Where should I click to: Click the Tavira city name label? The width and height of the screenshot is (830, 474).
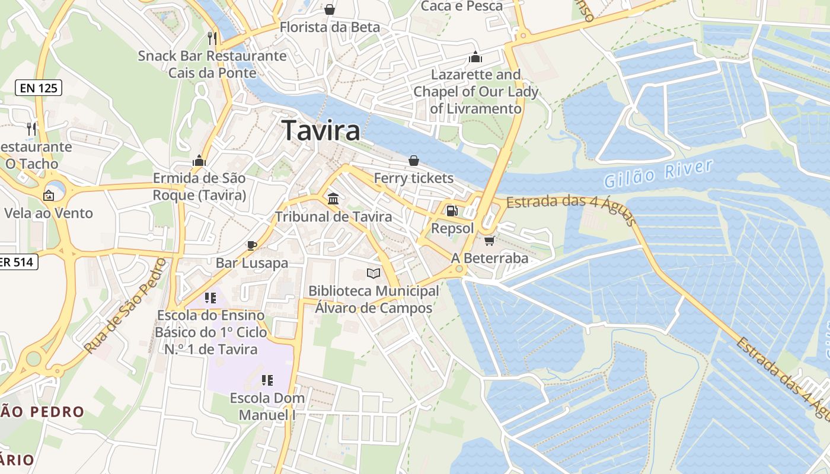point(321,130)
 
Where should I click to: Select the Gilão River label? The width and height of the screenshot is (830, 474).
point(659,173)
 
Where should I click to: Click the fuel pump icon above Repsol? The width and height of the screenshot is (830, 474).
point(452,210)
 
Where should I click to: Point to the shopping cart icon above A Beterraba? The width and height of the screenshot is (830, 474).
point(489,240)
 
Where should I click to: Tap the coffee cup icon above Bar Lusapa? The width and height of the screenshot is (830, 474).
point(251,245)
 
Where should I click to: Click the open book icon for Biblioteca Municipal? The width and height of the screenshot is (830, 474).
point(373,273)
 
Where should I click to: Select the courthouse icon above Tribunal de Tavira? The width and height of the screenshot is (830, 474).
point(333,198)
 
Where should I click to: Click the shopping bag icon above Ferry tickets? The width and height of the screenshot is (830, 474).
point(413,161)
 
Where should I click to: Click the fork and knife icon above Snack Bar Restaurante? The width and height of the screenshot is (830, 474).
point(212,39)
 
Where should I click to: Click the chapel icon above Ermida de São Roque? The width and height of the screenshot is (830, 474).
point(199,161)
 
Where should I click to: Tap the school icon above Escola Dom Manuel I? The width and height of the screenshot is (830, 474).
point(267,380)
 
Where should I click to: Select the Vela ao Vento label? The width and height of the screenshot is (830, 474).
point(49,213)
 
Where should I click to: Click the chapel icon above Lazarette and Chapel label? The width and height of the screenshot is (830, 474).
point(475,57)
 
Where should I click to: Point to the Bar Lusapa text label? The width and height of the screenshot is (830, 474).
point(252,263)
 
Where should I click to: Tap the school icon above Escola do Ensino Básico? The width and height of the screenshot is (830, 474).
point(210,297)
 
